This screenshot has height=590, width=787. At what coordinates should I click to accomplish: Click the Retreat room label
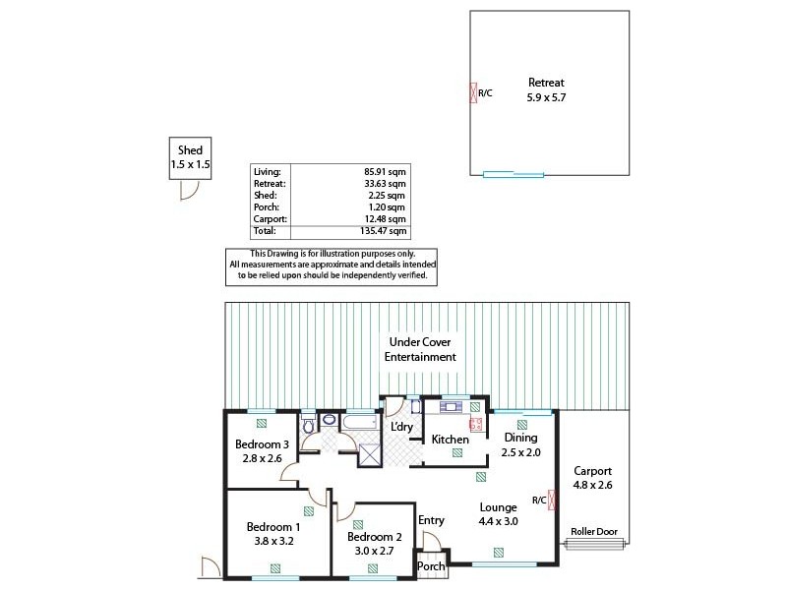pyautogui.click(x=546, y=83)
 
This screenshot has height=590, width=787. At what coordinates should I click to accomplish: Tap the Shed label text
pyautogui.click(x=190, y=150)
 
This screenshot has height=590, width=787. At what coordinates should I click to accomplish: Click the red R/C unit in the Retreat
pyautogui.click(x=473, y=93)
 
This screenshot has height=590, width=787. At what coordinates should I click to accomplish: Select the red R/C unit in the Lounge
pyautogui.click(x=553, y=500)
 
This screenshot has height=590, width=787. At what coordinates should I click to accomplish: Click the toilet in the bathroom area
pyautogui.click(x=309, y=425)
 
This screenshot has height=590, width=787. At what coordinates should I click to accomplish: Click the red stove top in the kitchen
pyautogui.click(x=475, y=425)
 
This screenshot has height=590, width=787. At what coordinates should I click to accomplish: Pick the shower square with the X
pyautogui.click(x=370, y=453)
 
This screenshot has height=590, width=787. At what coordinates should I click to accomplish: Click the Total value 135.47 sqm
pyautogui.click(x=384, y=231)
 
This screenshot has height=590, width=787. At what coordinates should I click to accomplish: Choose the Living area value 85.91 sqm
pyautogui.click(x=384, y=171)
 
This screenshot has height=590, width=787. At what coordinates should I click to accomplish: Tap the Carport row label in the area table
pyautogui.click(x=270, y=219)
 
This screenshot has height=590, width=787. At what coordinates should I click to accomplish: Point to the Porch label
pyautogui.click(x=432, y=566)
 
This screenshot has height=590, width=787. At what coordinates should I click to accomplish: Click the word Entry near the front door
pyautogui.click(x=431, y=520)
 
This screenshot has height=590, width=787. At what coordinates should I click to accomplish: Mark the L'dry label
pyautogui.click(x=401, y=427)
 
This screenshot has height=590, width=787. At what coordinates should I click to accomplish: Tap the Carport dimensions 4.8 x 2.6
pyautogui.click(x=593, y=484)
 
